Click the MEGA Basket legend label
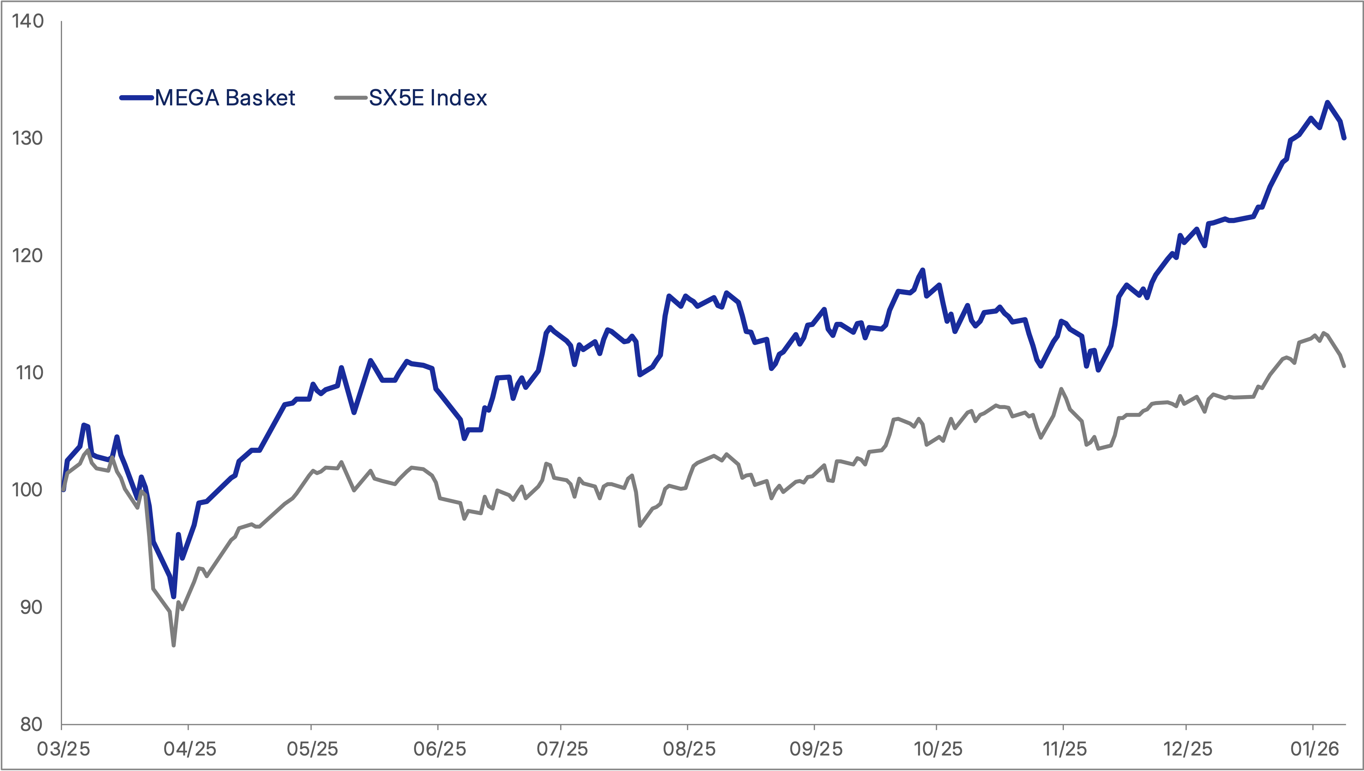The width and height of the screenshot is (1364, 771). (225, 98)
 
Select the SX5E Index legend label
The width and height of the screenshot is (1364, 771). (428, 98)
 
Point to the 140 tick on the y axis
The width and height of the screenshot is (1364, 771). (28, 21)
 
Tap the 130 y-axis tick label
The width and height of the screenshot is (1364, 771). (28, 138)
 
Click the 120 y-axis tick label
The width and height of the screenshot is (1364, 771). (28, 256)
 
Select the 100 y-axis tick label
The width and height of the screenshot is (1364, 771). (28, 490)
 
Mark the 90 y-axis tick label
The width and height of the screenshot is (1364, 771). (31, 607)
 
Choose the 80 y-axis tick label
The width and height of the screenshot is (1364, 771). (31, 725)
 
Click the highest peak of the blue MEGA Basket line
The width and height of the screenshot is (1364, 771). (1327, 102)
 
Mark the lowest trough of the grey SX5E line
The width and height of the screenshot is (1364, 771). (173, 645)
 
